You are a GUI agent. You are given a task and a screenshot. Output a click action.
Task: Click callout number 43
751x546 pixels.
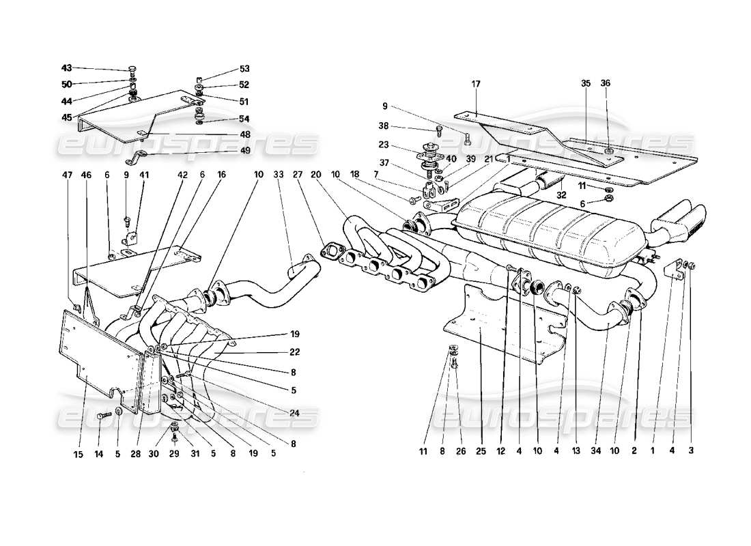pyautogui.click(x=66, y=68)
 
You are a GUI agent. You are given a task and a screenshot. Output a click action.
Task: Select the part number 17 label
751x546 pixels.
pyautogui.click(x=476, y=83)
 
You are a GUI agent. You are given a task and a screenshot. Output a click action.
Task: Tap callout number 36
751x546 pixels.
pyautogui.click(x=605, y=83)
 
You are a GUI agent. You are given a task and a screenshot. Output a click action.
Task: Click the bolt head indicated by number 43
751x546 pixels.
pyautogui.click(x=132, y=70)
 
